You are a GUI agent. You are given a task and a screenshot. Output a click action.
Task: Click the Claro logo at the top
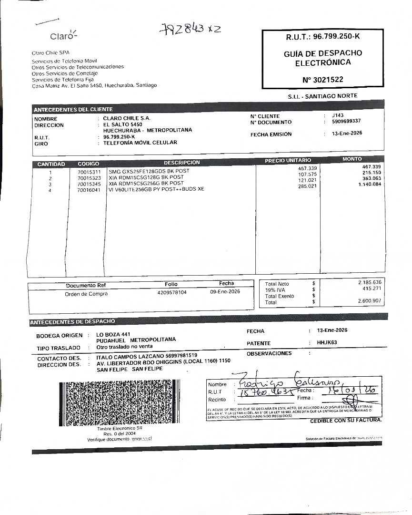click(63, 36)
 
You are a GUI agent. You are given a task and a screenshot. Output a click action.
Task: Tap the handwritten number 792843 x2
click(190, 29)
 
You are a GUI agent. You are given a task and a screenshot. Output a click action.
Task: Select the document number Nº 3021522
click(322, 80)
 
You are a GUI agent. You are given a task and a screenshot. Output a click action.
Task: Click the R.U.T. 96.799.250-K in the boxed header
click(322, 36)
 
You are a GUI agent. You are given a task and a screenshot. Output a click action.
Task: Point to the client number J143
click(338, 115)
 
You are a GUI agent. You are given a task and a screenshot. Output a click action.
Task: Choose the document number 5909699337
click(346, 121)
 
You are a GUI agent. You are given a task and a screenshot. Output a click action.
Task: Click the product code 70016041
click(89, 189)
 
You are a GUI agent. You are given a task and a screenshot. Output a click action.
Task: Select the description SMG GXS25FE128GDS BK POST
click(149, 171)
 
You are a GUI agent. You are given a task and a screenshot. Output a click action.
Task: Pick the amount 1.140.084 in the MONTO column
click(370, 184)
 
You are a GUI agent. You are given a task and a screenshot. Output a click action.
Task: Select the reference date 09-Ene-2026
click(225, 292)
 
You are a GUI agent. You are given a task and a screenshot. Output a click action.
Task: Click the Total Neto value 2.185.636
click(370, 282)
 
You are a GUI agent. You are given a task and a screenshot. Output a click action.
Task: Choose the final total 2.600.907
click(370, 301)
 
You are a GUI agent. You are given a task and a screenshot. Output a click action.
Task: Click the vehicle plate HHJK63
click(327, 342)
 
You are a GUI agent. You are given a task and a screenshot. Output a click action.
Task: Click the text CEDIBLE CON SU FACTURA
click(346, 421)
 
